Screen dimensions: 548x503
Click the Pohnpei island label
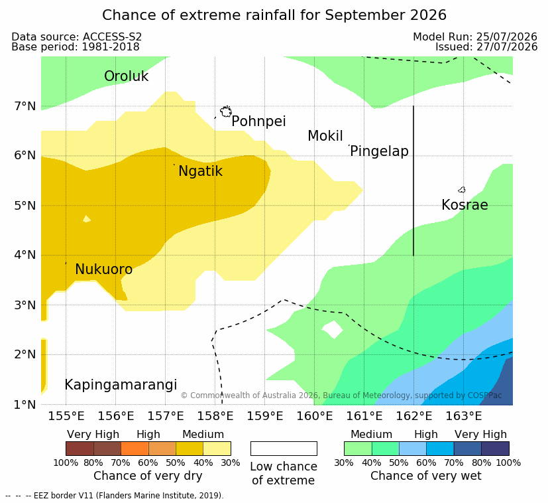258,121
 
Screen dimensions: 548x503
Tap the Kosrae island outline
462,190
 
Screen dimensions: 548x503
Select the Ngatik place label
200,171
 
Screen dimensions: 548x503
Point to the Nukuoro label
104,269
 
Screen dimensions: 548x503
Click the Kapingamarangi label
121,385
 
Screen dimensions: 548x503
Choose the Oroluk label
126,76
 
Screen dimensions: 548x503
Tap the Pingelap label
379,151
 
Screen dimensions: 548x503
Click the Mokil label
325,136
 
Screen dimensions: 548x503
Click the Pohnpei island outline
226,111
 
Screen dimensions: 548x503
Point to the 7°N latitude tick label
25,106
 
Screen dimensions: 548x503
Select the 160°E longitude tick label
315,416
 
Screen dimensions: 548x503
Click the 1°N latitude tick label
25,405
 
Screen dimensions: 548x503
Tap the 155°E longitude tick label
66,416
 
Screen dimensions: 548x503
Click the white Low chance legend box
284,449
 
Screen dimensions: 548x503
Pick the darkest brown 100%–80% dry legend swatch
80,449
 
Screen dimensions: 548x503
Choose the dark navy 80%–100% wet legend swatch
495,449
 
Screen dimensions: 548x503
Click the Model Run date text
475,36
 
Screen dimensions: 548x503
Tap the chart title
274,15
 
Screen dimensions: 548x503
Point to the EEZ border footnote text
114,496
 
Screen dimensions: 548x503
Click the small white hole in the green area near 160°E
333,329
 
